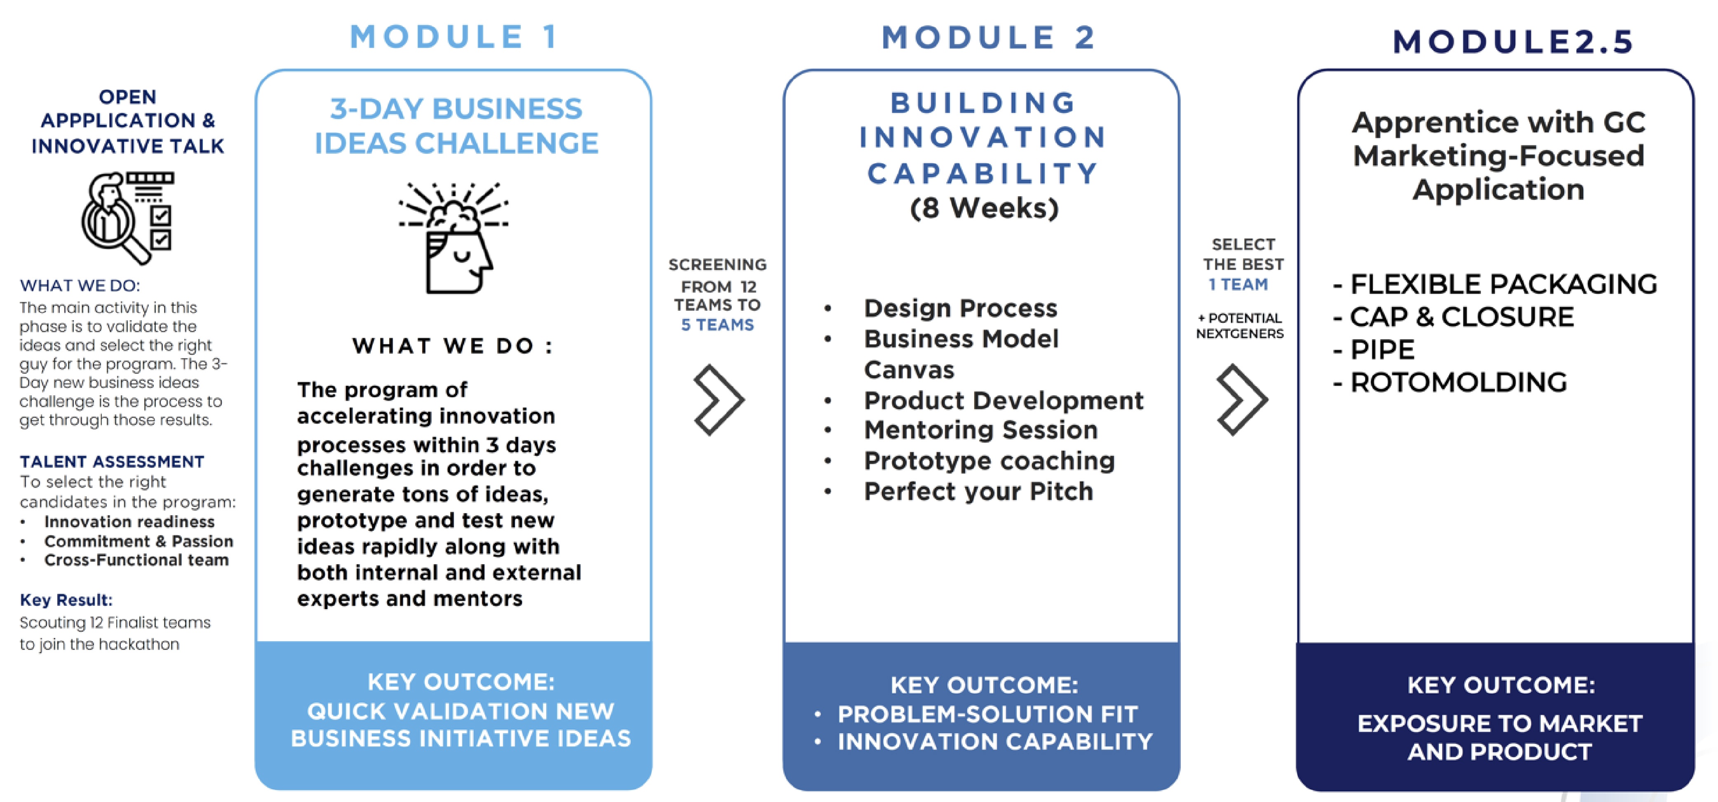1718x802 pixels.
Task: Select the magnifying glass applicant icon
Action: coord(127,217)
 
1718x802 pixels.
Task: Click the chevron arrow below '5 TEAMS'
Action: coord(718,400)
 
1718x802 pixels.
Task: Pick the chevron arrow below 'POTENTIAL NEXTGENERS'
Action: coord(1241,400)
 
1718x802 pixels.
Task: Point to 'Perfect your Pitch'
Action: coord(978,491)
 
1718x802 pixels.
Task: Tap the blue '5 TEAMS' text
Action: coord(718,325)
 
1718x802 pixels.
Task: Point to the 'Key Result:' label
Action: coord(66,600)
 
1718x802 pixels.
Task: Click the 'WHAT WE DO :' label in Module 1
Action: coord(453,346)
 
